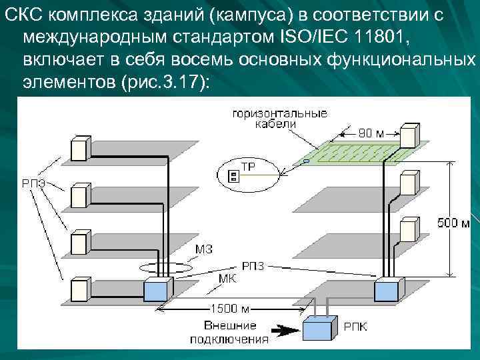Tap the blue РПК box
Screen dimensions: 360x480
tap(320, 329)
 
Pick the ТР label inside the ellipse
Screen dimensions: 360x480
tap(247, 167)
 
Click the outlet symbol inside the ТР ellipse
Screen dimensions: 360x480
tap(233, 176)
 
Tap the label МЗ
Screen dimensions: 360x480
tap(204, 249)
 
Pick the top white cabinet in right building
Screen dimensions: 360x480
tap(408, 136)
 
